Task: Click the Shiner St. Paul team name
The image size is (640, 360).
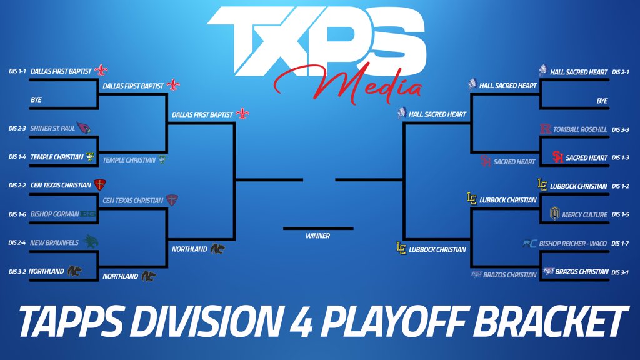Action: tap(52, 129)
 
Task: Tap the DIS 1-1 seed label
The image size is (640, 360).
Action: tap(17, 72)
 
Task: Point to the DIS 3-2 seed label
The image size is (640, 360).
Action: tap(17, 272)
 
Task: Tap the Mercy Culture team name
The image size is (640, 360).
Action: tap(584, 215)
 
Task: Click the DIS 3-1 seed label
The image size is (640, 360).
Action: tap(622, 272)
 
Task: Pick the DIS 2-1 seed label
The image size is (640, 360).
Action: tap(622, 72)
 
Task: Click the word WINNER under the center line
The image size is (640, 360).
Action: tap(317, 236)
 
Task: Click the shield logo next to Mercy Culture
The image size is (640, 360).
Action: tap(554, 214)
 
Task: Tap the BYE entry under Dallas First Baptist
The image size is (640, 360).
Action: tap(36, 100)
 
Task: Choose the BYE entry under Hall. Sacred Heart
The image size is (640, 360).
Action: tap(602, 101)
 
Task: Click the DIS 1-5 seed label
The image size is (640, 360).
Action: tap(622, 215)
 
